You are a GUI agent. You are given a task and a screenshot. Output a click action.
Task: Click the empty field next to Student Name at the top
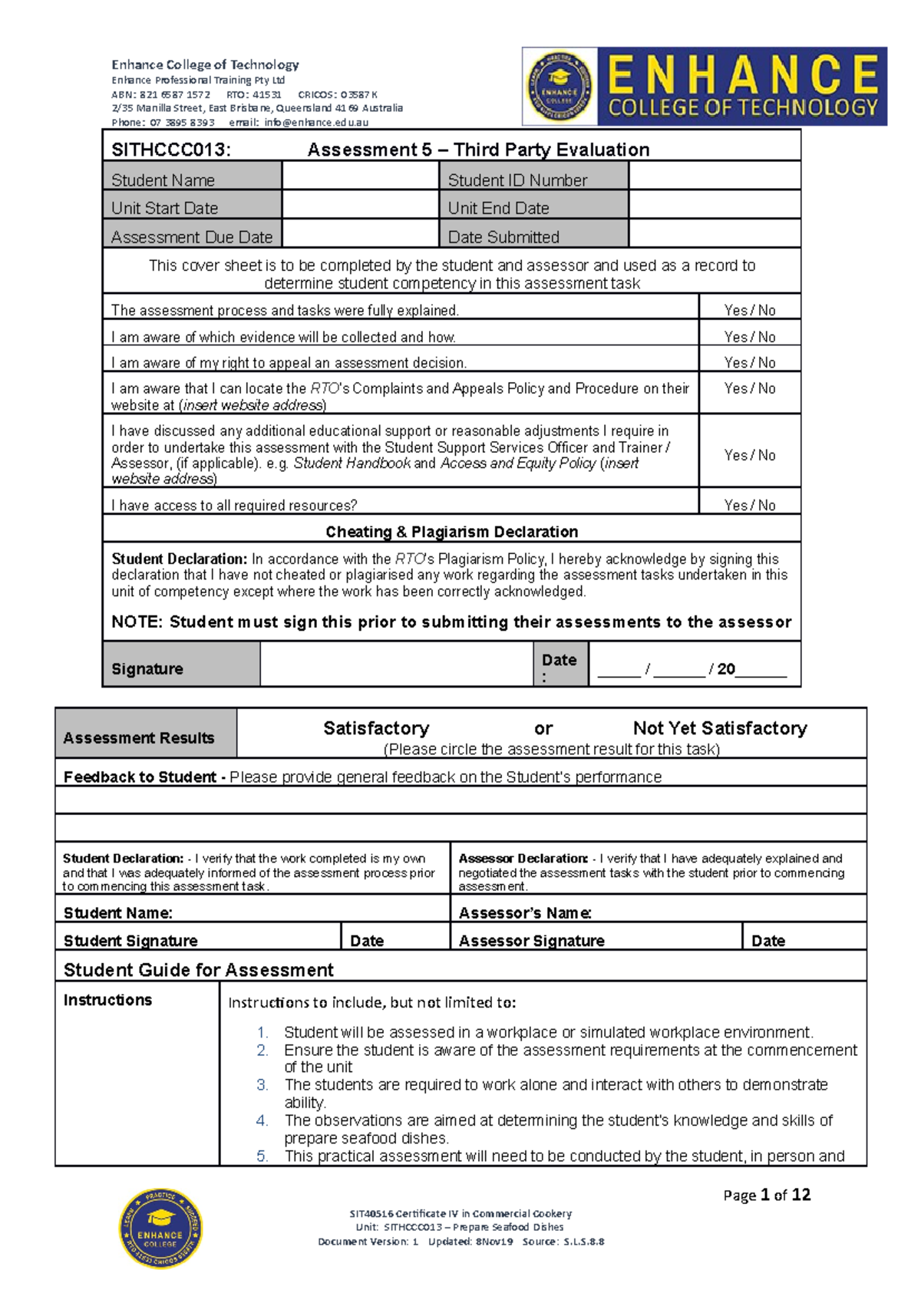click(x=359, y=177)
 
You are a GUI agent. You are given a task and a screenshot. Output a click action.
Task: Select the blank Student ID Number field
click(x=714, y=177)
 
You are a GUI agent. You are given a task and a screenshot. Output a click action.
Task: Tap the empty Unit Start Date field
click(x=359, y=206)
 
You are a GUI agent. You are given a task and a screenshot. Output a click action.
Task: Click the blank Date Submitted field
click(x=714, y=234)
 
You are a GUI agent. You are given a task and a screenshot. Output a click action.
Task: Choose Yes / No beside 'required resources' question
click(x=750, y=505)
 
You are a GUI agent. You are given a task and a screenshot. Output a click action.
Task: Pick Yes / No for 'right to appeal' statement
click(x=750, y=362)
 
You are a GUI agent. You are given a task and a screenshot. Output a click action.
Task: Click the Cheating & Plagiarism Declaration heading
click(x=451, y=532)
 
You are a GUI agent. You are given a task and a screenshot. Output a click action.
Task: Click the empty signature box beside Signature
click(x=396, y=665)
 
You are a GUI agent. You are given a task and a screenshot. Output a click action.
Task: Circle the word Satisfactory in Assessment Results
click(x=376, y=728)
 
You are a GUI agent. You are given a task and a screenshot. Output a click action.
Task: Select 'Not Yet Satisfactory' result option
click(x=720, y=728)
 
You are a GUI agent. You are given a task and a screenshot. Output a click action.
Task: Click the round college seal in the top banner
click(x=560, y=87)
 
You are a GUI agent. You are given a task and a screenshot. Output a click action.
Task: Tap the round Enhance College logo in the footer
click(x=160, y=1229)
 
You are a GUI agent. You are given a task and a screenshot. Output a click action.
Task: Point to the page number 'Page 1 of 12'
click(x=767, y=1195)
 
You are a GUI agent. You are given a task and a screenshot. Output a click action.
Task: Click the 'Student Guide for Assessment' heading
click(x=198, y=970)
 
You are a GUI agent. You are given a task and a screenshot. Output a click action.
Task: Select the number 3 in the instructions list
click(x=262, y=1085)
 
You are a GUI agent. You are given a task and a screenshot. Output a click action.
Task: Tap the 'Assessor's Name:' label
click(x=525, y=913)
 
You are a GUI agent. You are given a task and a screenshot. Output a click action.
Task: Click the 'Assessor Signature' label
click(x=531, y=941)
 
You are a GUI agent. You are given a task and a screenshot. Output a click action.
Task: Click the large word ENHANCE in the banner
click(x=743, y=74)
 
